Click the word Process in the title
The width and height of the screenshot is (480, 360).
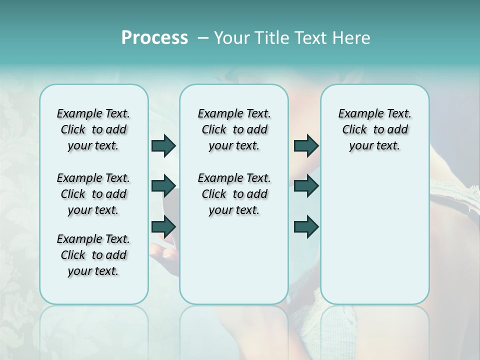154,37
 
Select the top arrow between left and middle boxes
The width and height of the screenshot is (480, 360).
163,145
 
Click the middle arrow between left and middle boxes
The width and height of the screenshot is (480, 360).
163,186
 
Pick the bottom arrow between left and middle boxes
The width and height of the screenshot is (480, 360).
163,226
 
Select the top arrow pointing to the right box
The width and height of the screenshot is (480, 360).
306,145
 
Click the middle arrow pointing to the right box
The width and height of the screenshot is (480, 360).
306,186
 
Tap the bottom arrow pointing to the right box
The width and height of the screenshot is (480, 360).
306,226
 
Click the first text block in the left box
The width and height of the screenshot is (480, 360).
93,129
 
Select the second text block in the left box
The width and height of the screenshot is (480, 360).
93,194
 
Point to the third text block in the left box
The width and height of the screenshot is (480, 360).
93,255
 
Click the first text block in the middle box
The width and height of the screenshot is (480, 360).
234,129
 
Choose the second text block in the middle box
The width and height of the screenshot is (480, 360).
234,194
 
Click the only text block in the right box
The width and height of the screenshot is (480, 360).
374,129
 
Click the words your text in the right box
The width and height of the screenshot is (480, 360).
374,146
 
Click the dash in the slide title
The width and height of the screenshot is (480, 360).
203,38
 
